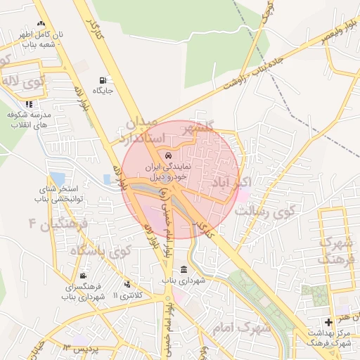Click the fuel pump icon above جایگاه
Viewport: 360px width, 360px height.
[105, 79]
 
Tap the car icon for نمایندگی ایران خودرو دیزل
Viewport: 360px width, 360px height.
[167, 155]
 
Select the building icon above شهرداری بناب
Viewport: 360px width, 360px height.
[184, 271]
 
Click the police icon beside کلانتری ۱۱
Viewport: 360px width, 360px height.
[127, 284]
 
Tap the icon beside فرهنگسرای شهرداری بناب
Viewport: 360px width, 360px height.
[84, 275]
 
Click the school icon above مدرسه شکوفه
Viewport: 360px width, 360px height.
[29, 104]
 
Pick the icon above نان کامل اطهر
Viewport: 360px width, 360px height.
[41, 24]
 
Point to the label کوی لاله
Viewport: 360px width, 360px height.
[22, 82]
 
